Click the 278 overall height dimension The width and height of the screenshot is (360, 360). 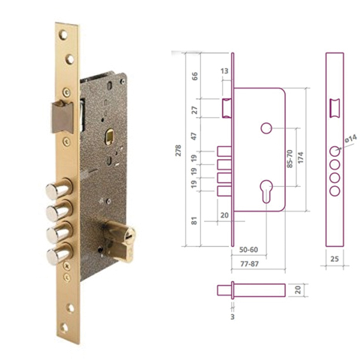pos(176,149)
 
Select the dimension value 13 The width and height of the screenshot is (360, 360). pos(225,70)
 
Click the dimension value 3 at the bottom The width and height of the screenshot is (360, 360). pos(233,317)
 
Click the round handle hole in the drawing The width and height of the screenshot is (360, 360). pos(265,129)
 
